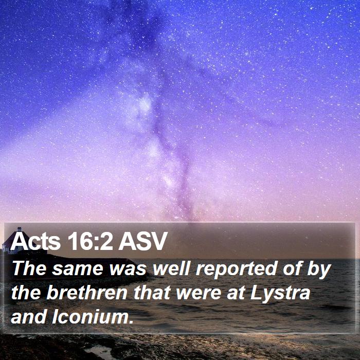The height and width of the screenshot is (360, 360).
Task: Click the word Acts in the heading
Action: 35,241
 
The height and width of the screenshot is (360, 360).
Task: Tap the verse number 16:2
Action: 90,241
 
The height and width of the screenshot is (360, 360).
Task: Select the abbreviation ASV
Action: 142,241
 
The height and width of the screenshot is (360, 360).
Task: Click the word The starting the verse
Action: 29,268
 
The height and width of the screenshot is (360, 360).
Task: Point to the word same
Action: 78,269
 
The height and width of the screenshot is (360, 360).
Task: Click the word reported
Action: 236,269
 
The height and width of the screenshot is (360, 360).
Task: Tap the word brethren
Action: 87,293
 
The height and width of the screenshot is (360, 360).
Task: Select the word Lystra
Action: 280,294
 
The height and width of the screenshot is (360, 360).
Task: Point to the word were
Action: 199,294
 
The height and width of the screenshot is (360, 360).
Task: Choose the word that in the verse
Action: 152,293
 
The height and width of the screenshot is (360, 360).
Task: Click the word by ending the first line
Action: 319,269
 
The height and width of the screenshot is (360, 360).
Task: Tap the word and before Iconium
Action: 28,317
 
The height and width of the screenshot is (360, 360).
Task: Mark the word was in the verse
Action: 128,269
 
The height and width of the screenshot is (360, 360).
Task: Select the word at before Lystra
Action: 236,293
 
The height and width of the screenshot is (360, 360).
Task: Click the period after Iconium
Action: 131,322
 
